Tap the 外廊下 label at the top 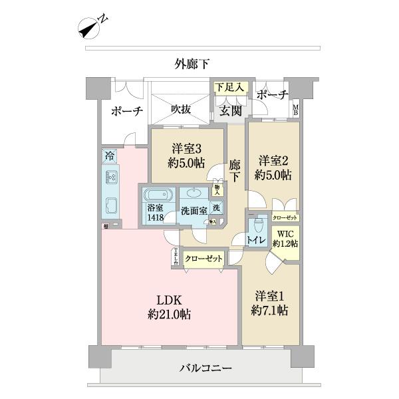[x=192, y=64]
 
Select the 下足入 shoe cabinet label [x=230, y=87]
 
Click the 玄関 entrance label [x=230, y=110]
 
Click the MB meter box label [x=297, y=108]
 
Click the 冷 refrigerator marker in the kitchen [x=109, y=156]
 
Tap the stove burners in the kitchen [x=110, y=178]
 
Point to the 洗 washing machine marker [x=217, y=207]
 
